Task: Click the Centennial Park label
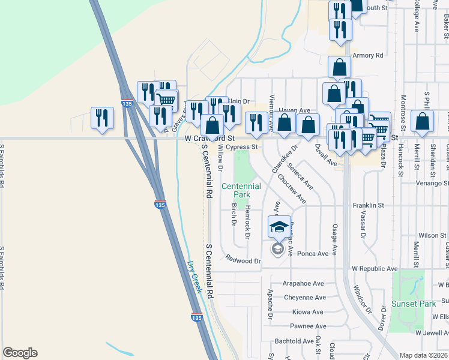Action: pyautogui.click(x=241, y=191)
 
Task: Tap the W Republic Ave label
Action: pyautogui.click(x=375, y=269)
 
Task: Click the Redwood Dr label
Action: pyautogui.click(x=243, y=260)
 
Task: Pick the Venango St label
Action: pyautogui.click(x=433, y=183)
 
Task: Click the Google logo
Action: pyautogui.click(x=20, y=353)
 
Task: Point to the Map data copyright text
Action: pyautogui.click(x=424, y=355)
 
